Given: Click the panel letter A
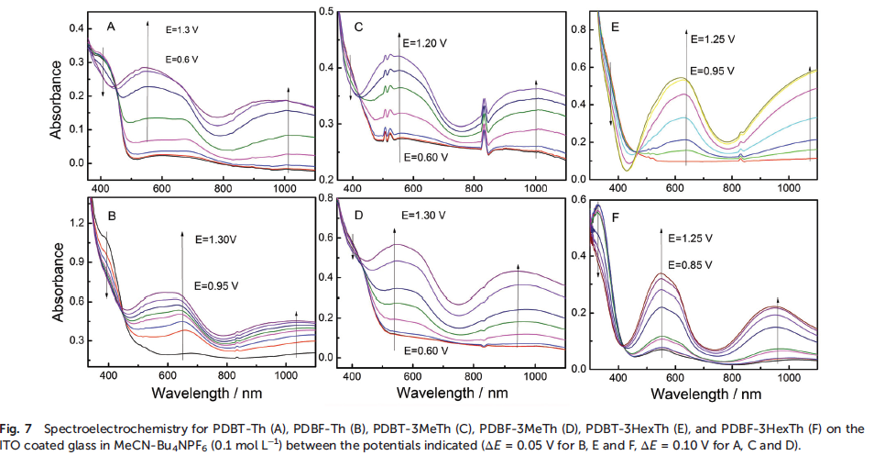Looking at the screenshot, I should [x=111, y=27].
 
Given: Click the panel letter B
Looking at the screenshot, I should [x=111, y=218].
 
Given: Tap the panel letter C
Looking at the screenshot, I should [x=359, y=28].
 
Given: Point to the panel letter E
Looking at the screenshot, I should [x=615, y=28].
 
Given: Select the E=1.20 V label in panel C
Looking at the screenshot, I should [x=428, y=42].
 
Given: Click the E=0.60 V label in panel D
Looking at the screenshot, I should [x=424, y=349].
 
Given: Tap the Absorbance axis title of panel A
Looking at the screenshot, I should [x=56, y=98].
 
